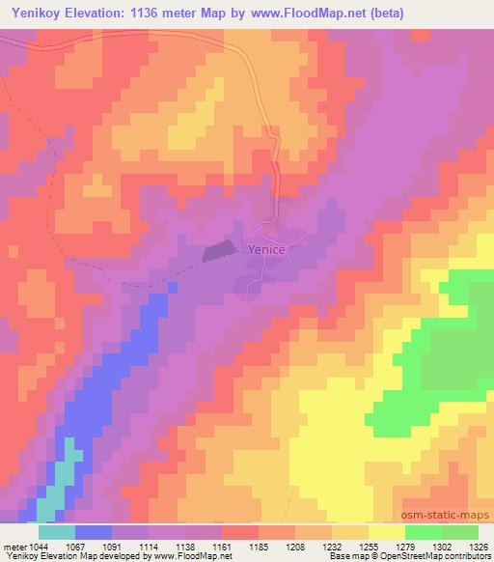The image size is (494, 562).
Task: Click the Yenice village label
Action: [x=267, y=248]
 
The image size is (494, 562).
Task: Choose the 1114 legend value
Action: [x=149, y=546]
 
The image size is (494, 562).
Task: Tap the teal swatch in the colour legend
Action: [x=56, y=532]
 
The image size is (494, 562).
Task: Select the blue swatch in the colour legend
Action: [x=93, y=532]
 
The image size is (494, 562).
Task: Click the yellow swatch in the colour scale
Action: [x=386, y=532]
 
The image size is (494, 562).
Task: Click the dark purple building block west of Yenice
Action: [x=219, y=252]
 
